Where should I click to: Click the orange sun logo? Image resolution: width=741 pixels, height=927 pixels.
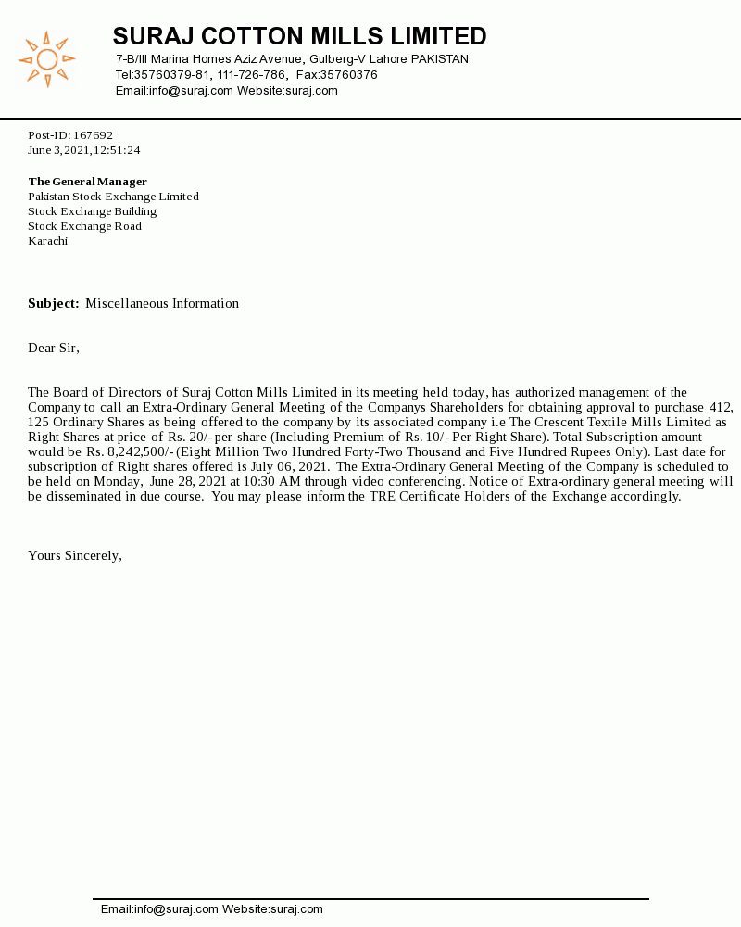[46, 60]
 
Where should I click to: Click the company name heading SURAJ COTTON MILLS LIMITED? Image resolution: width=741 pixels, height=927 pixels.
[299, 37]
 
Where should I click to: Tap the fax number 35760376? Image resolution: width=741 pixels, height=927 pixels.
[349, 75]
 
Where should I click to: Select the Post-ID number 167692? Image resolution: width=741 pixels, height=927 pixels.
[93, 135]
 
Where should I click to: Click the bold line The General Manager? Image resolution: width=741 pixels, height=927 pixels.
[87, 182]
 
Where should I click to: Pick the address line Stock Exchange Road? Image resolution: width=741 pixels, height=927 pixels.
[84, 226]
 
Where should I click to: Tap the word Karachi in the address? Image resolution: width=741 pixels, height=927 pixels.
[47, 241]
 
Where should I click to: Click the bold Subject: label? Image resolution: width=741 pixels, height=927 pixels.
[53, 304]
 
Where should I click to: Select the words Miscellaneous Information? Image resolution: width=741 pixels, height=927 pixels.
[162, 304]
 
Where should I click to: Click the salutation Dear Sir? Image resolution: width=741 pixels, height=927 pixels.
[54, 349]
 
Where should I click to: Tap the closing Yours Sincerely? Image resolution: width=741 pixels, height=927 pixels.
[75, 556]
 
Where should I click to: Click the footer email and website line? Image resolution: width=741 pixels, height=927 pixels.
[212, 909]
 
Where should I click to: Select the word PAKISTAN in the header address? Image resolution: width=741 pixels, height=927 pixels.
[439, 59]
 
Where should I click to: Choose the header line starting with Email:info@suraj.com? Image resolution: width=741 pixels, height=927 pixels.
[226, 91]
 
